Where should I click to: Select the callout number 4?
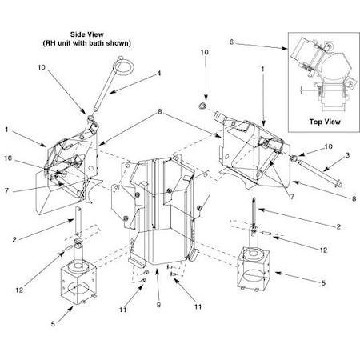click(158, 74)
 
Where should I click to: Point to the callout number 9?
click(158, 304)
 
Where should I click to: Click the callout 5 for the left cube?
click(52, 322)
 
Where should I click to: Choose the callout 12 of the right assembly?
click(324, 250)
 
